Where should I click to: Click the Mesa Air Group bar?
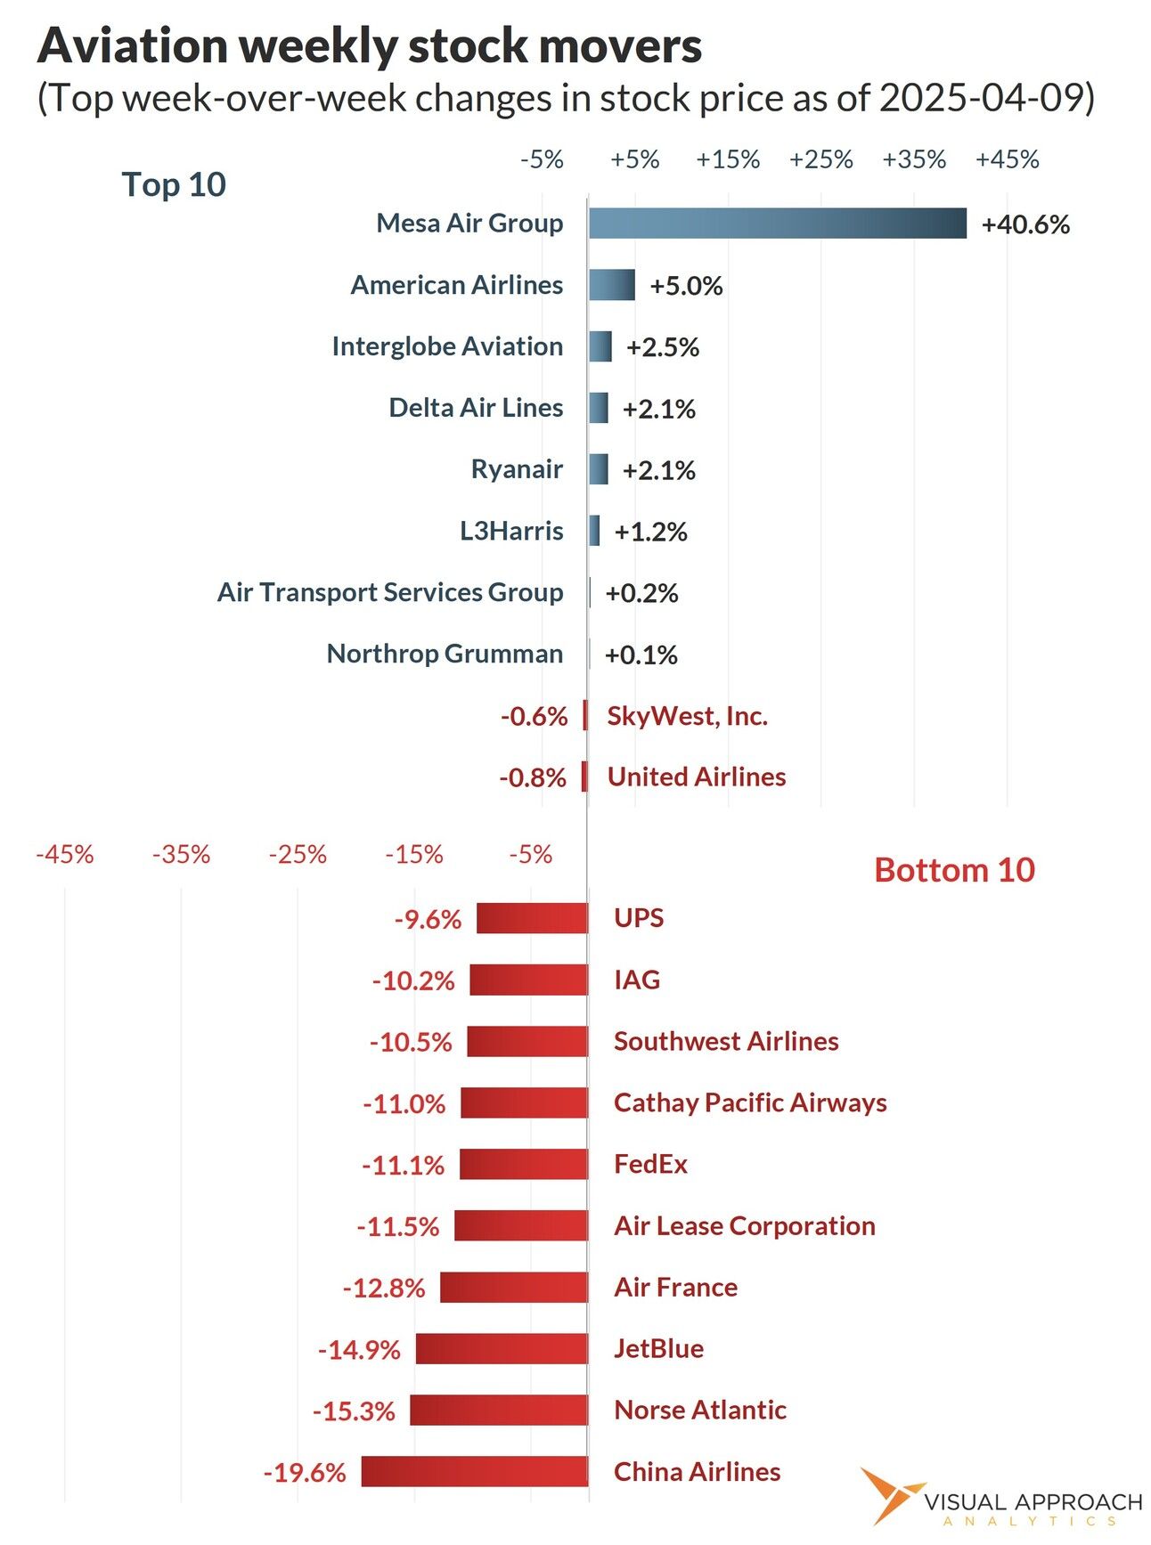[x=777, y=224]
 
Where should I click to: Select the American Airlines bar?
[x=611, y=285]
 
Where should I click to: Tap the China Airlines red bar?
[x=474, y=1471]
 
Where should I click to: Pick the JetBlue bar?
[x=502, y=1348]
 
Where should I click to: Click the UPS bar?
[x=532, y=918]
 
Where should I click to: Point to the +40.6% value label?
[x=1024, y=224]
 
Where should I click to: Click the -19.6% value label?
[x=305, y=1472]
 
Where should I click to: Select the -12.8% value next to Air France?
[x=384, y=1288]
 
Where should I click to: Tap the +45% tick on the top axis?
[x=1007, y=159]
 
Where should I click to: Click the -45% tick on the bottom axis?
[x=65, y=855]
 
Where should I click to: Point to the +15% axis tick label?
[x=728, y=159]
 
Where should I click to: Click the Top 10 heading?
[x=174, y=184]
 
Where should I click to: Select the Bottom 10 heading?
[x=954, y=870]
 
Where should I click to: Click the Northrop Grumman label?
[x=445, y=654]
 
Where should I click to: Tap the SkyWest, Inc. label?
[x=687, y=716]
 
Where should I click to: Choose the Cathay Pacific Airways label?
[x=750, y=1102]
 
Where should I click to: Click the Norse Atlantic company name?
[x=700, y=1410]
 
